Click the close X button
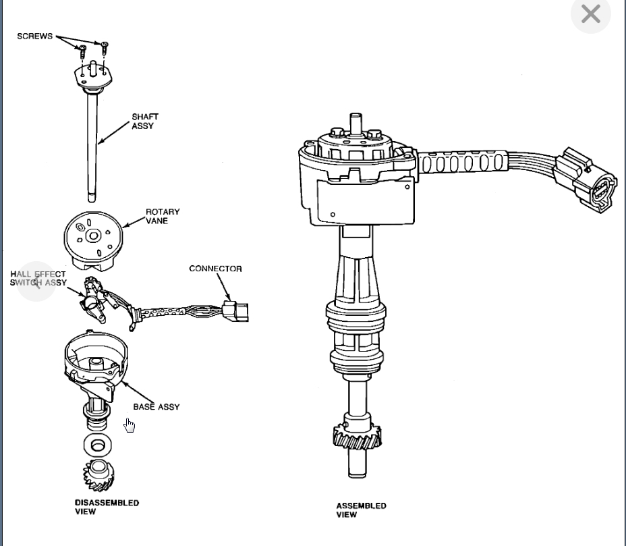click(x=590, y=13)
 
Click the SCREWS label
click(x=34, y=36)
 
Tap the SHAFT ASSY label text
click(x=145, y=121)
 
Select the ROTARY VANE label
click(x=163, y=217)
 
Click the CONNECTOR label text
click(x=215, y=269)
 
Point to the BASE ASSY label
click(x=156, y=407)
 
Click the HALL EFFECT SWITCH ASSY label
click(x=38, y=279)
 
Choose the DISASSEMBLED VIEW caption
click(x=97, y=507)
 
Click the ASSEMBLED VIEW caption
click(x=361, y=510)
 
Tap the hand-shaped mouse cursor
click(x=130, y=425)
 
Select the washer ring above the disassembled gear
click(x=98, y=445)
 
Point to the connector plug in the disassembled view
click(x=234, y=311)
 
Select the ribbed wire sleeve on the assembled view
click(x=463, y=163)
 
